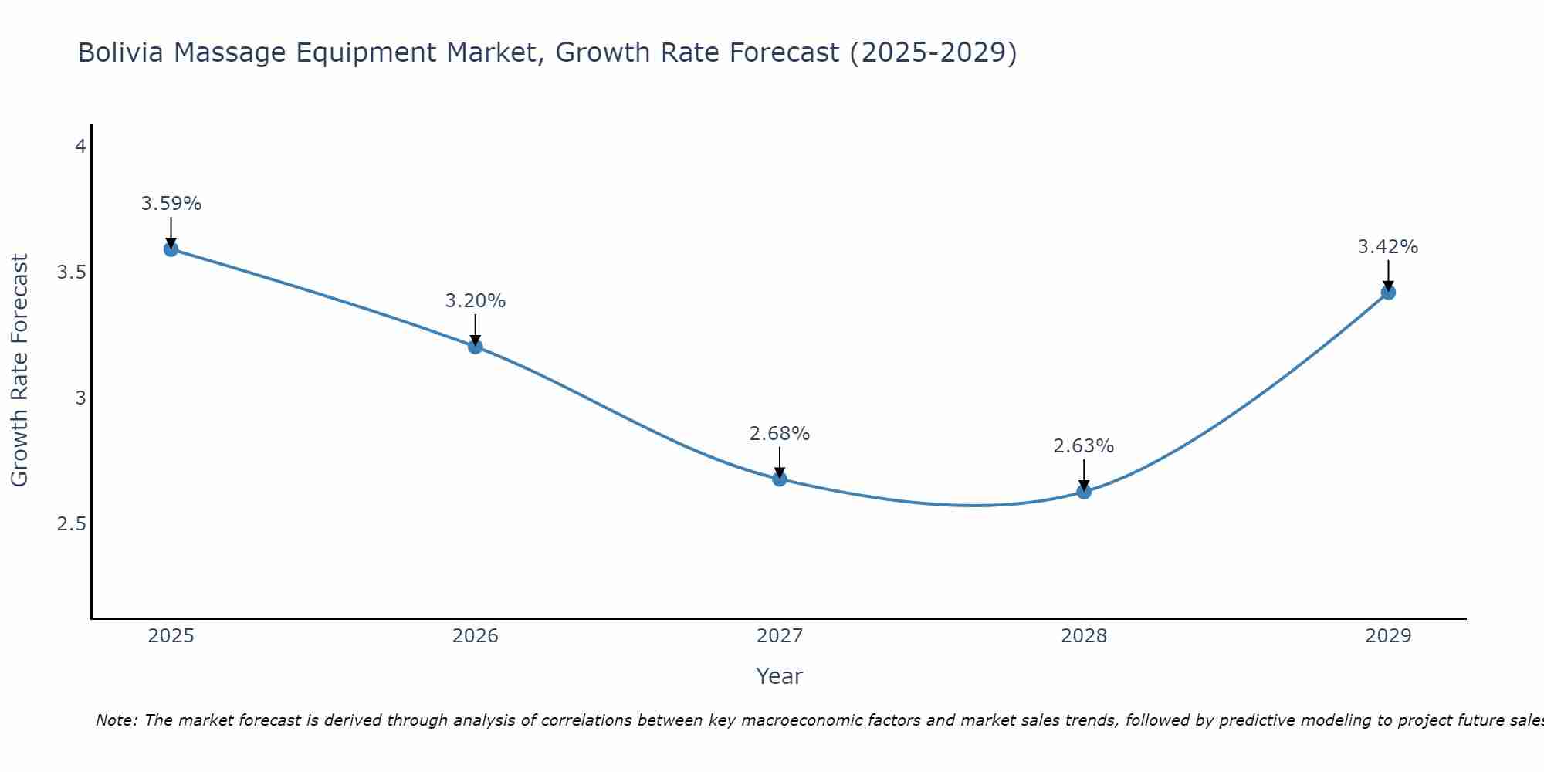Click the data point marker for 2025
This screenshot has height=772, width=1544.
(x=171, y=249)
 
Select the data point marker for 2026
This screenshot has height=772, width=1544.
(x=475, y=347)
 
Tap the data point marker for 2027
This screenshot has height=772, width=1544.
(x=779, y=479)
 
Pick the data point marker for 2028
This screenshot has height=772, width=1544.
(x=1083, y=491)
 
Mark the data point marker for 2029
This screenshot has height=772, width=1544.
(x=1387, y=292)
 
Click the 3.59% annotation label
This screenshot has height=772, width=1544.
(x=171, y=204)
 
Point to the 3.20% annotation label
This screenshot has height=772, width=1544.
(x=475, y=301)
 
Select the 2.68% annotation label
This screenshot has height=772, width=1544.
(x=779, y=434)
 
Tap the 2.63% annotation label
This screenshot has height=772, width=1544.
(x=1083, y=446)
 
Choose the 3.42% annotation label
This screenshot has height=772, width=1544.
(x=1387, y=247)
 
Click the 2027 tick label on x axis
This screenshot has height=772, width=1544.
(x=779, y=636)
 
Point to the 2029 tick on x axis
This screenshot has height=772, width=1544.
(x=1387, y=636)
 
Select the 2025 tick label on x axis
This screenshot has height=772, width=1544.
(x=171, y=636)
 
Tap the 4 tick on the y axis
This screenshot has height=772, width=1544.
(x=80, y=146)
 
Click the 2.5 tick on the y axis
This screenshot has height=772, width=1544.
(x=71, y=524)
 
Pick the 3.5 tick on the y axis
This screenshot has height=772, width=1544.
(x=71, y=273)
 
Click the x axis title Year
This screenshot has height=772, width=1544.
(x=779, y=676)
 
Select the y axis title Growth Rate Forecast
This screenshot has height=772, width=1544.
(x=19, y=371)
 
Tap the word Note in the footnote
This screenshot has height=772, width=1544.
(x=116, y=720)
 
